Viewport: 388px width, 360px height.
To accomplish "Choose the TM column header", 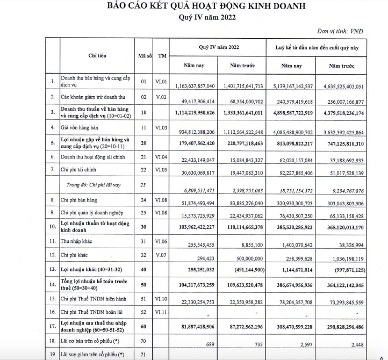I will [162, 56].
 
